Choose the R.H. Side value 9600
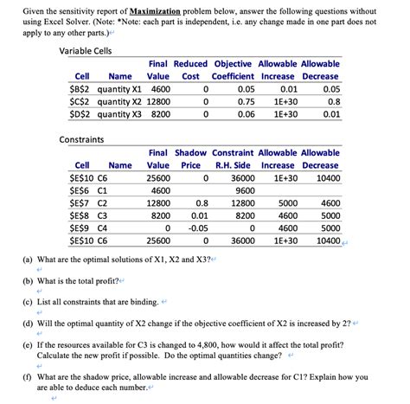245,190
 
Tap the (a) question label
28,259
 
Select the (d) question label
28,323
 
